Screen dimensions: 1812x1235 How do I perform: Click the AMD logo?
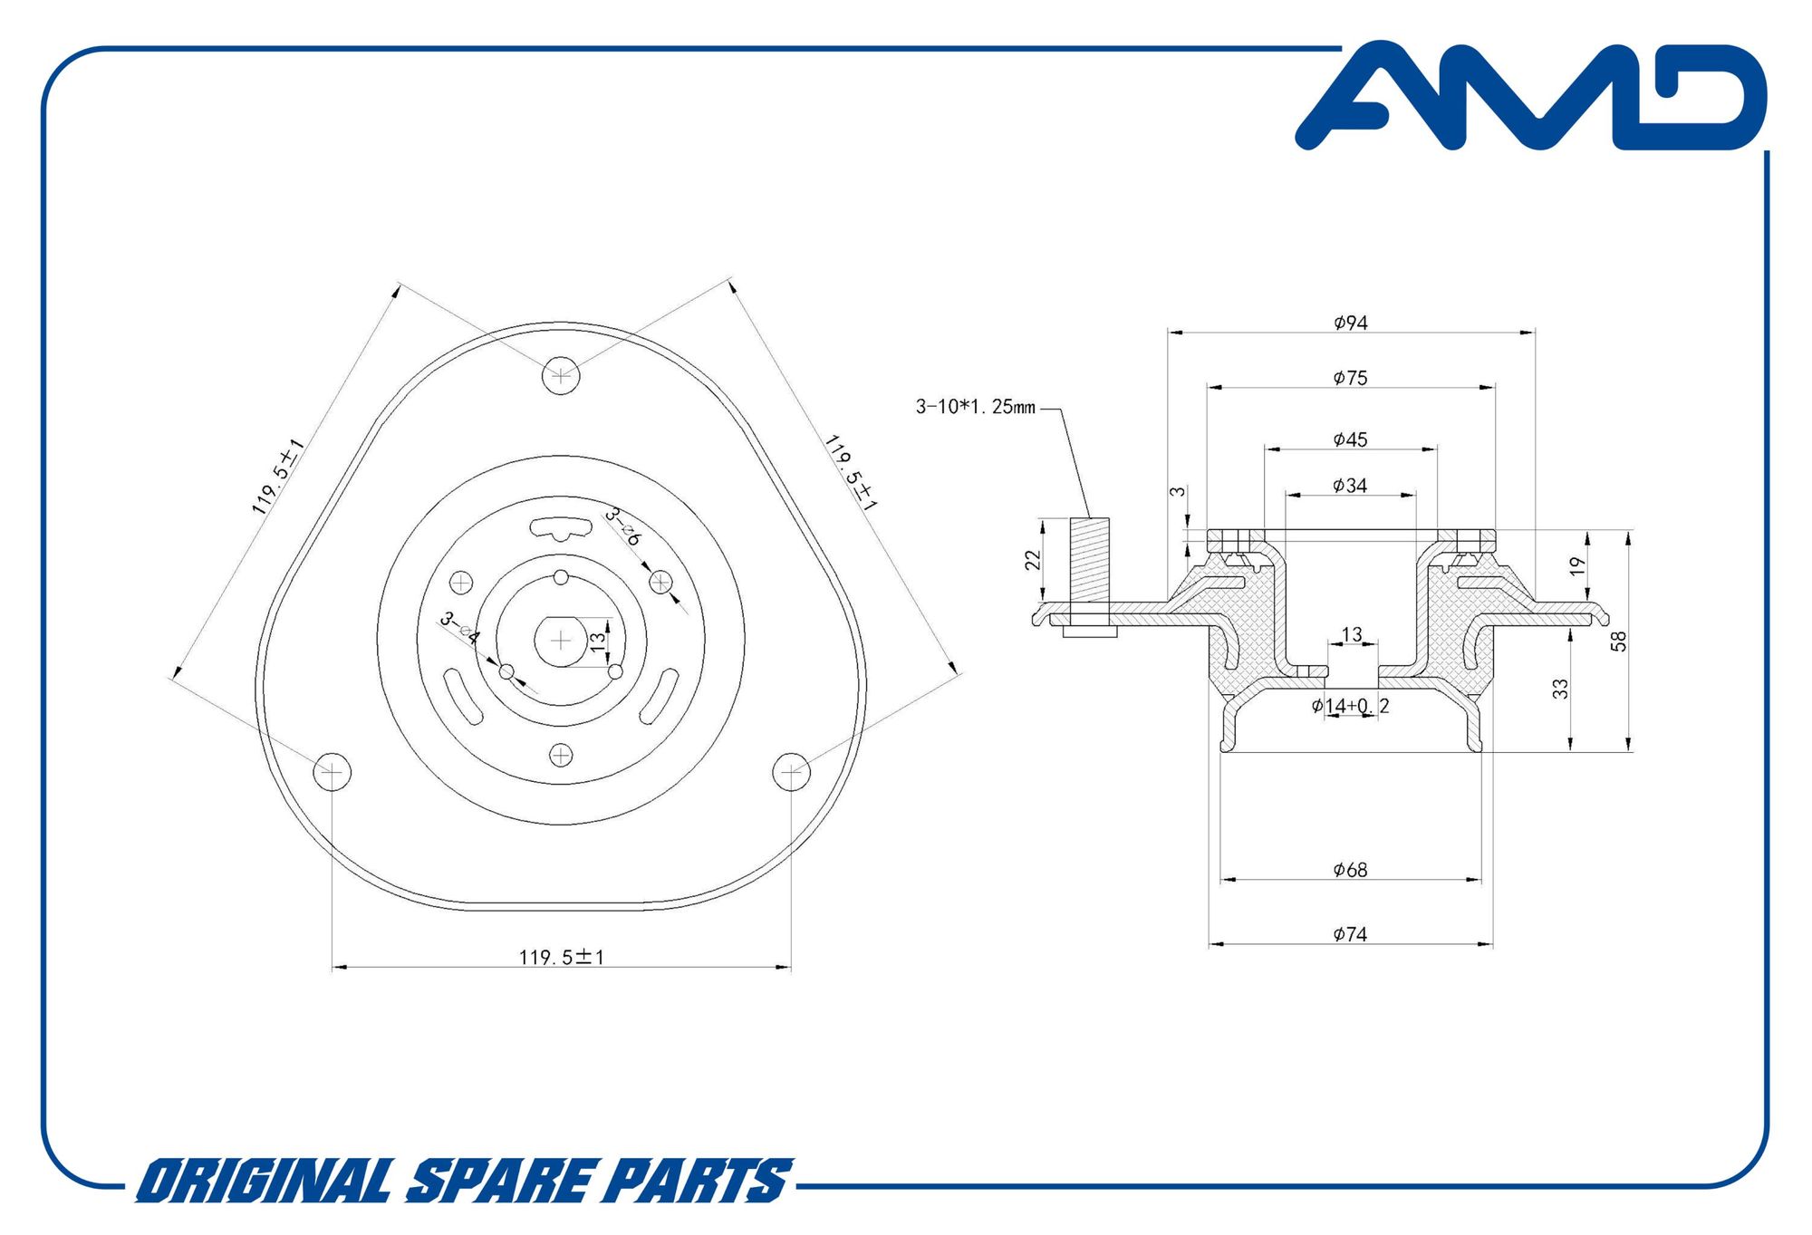click(x=1531, y=96)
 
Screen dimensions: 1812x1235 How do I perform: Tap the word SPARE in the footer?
click(x=502, y=1182)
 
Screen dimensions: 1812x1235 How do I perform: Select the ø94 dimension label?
click(x=1350, y=323)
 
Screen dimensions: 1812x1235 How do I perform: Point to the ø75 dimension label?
click(x=1350, y=378)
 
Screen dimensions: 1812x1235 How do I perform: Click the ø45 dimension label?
click(x=1350, y=439)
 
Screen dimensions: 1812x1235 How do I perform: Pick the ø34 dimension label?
click(x=1350, y=486)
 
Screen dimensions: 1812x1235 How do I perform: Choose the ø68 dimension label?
click(x=1350, y=870)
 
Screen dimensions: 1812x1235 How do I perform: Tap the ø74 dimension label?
click(x=1350, y=934)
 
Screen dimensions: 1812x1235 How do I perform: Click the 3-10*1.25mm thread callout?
click(x=975, y=407)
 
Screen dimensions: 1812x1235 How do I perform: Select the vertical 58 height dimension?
click(x=1619, y=642)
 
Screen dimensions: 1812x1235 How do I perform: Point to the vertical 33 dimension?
click(x=1560, y=690)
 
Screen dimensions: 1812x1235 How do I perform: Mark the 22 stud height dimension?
click(x=1033, y=561)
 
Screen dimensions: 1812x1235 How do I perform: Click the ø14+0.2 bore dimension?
click(x=1350, y=706)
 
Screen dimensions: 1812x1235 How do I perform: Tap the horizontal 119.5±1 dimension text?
click(x=562, y=957)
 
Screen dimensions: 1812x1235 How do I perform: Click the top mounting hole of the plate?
click(x=561, y=375)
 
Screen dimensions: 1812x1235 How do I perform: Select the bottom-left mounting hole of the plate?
click(x=332, y=772)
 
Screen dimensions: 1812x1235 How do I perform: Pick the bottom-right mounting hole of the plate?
click(x=791, y=772)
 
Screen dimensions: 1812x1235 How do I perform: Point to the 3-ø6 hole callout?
click(x=623, y=526)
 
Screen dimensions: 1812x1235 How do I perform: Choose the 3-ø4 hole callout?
click(x=459, y=629)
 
